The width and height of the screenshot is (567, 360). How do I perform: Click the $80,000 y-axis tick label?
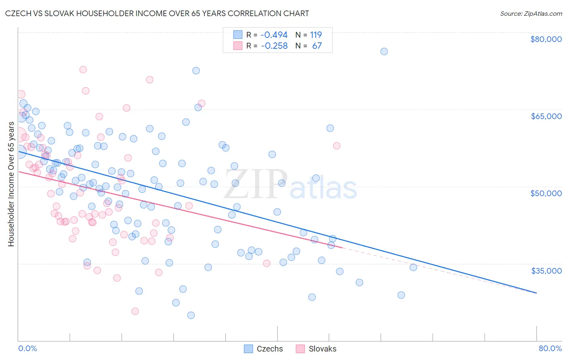(546, 39)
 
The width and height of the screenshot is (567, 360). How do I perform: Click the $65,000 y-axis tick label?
(546, 116)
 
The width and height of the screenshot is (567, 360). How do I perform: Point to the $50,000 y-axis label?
(546, 193)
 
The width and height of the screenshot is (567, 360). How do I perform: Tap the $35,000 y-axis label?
(546, 270)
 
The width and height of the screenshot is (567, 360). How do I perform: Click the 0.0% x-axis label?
(27, 348)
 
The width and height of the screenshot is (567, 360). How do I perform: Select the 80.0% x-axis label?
(550, 348)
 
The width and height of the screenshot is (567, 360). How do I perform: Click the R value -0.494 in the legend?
(274, 35)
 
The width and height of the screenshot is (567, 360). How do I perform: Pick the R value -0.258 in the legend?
(274, 46)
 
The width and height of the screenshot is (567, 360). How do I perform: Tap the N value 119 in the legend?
(316, 35)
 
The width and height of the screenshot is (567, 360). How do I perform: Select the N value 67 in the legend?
(317, 46)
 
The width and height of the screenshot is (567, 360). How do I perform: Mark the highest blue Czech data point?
(384, 51)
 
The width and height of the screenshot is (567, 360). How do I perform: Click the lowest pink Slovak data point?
(135, 311)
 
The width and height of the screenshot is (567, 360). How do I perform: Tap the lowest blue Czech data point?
(191, 315)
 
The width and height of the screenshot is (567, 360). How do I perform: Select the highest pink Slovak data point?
(83, 69)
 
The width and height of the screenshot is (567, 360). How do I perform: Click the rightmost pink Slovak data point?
(337, 146)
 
